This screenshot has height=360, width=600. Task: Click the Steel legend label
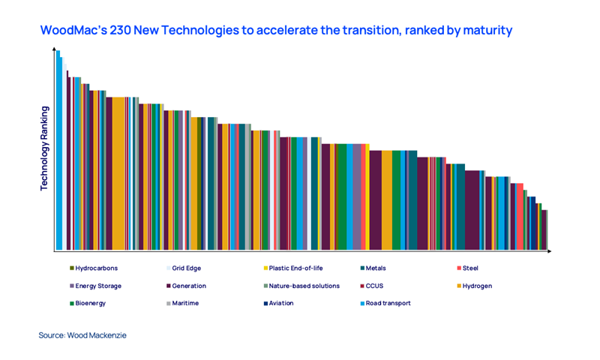tap(469, 268)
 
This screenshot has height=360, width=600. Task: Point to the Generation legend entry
tap(188, 286)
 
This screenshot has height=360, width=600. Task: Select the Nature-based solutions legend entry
tap(304, 286)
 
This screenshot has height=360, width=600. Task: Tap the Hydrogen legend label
tap(477, 286)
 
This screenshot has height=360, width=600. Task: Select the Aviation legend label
tap(280, 303)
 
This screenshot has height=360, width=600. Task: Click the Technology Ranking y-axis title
tap(44, 148)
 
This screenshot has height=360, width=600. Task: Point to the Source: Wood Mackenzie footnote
tap(82, 335)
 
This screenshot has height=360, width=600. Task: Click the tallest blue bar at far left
tap(58, 150)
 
